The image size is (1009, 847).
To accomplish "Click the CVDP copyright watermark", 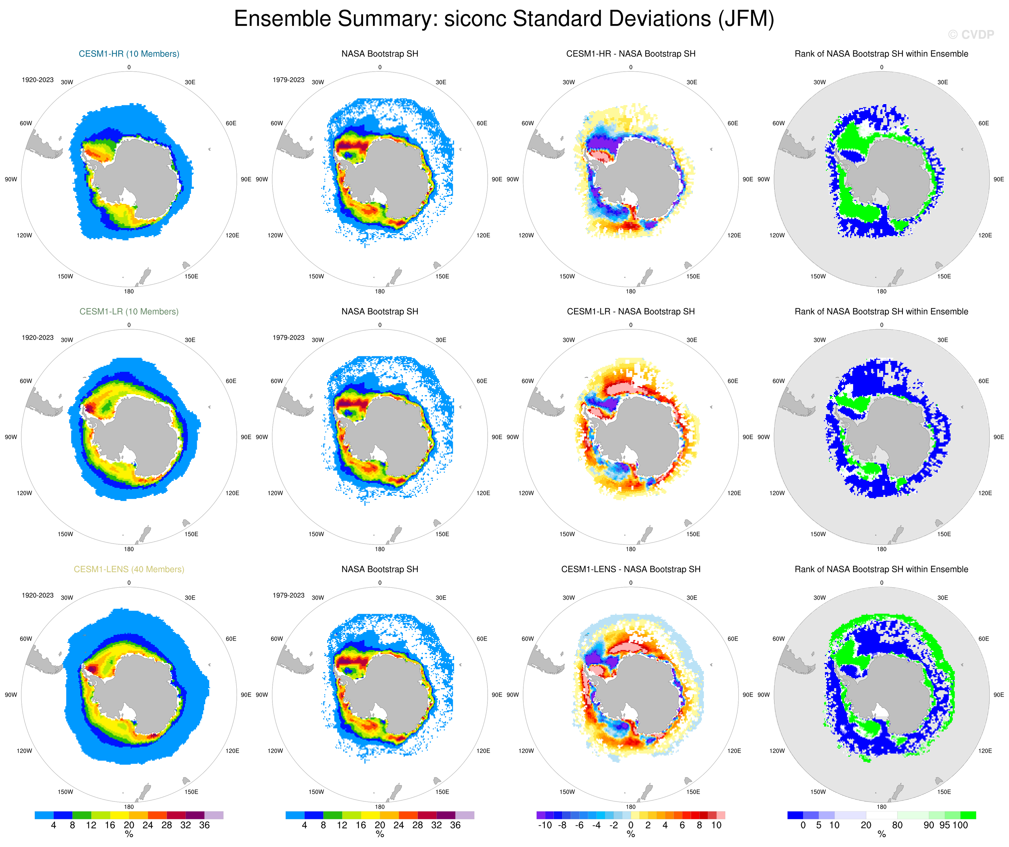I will click(971, 34).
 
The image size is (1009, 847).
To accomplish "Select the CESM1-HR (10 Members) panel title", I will click(129, 54).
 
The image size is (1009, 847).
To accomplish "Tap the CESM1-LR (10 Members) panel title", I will click(129, 311).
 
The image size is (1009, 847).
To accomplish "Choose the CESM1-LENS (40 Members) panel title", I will click(129, 569).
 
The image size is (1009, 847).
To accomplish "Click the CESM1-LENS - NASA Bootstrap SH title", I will click(630, 569).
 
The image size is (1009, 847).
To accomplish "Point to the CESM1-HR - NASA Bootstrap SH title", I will click(630, 54).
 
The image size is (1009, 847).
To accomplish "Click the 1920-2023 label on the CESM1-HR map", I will click(37, 80).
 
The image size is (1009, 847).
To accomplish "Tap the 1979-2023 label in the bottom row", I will click(288, 595).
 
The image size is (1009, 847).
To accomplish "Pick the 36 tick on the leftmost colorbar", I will click(204, 825).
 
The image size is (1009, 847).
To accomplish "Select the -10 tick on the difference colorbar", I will click(544, 825).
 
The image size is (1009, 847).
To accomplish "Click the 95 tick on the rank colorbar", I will click(944, 825).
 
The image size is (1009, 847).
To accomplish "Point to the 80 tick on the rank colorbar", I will click(897, 825).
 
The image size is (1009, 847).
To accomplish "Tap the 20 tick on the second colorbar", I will click(379, 825).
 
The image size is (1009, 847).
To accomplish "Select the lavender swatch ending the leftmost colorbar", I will click(214, 815).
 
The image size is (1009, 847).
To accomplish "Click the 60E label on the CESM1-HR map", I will click(231, 123).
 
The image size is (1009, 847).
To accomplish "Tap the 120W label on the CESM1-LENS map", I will click(24, 751).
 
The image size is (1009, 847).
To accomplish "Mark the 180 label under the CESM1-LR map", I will click(129, 549).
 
